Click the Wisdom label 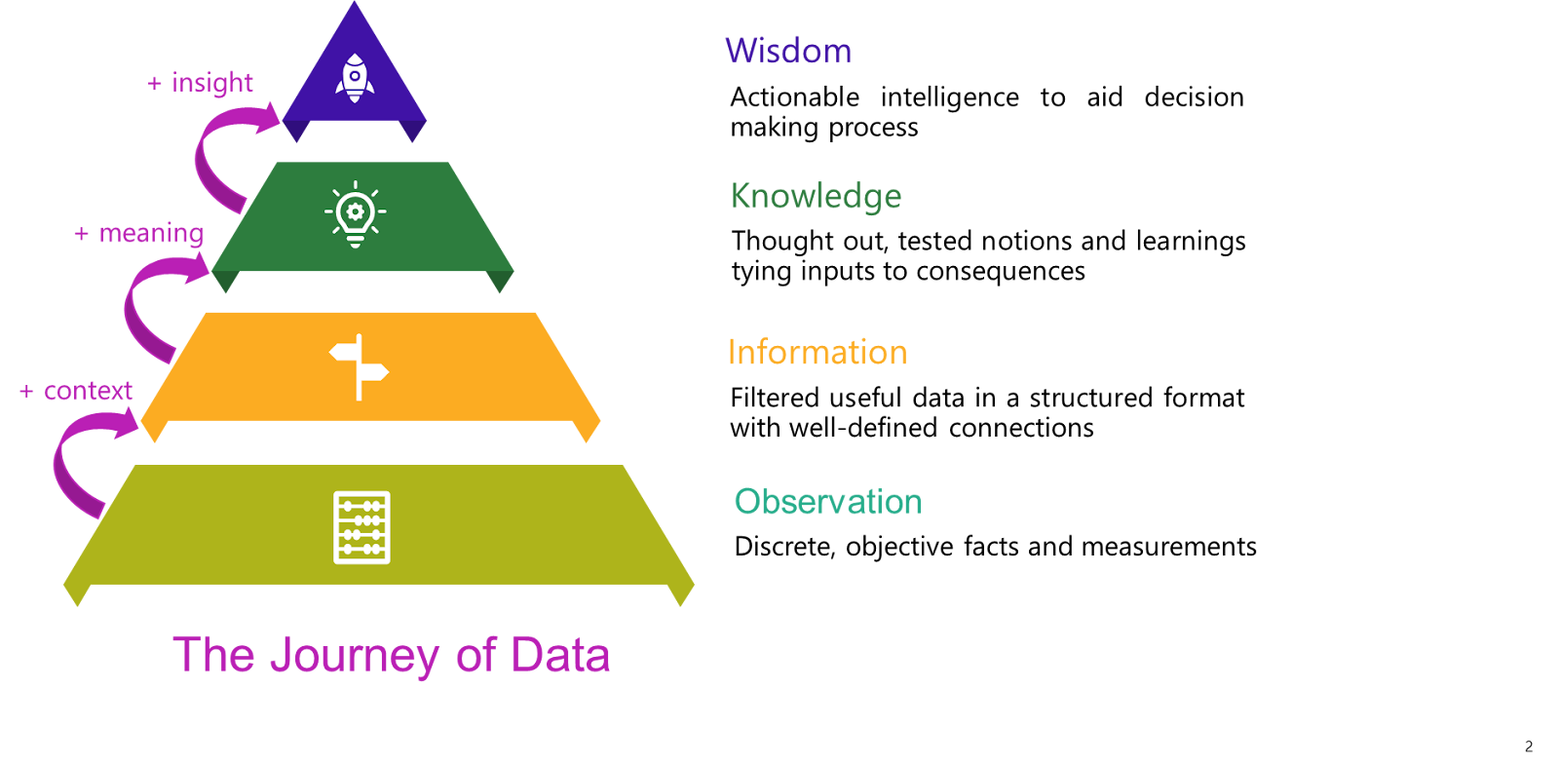click(x=788, y=51)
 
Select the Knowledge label click(x=816, y=196)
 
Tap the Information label click(x=817, y=352)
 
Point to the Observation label click(x=827, y=502)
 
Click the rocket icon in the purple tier click(x=355, y=78)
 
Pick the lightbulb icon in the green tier click(x=355, y=213)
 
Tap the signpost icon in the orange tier click(x=359, y=367)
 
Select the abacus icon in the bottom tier click(x=361, y=527)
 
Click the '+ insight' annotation click(x=200, y=83)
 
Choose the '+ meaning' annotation click(x=139, y=234)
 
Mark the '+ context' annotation click(x=76, y=392)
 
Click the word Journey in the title click(x=354, y=656)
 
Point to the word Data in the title click(x=560, y=655)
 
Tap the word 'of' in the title click(x=475, y=655)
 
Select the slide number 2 click(x=1529, y=746)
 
